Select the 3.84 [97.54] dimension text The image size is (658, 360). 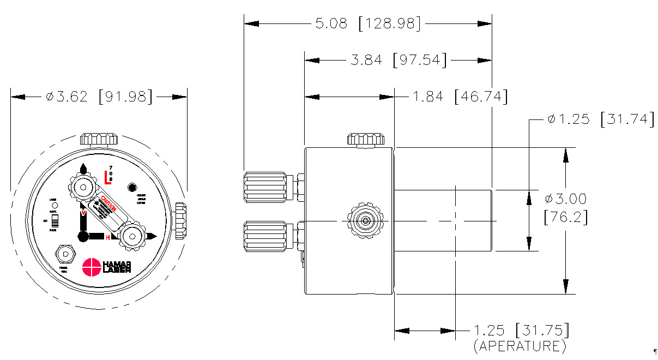(x=397, y=60)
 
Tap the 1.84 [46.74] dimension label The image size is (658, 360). (x=460, y=97)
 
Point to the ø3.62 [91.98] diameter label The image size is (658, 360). (x=99, y=97)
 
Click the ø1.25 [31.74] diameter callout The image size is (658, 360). (x=600, y=119)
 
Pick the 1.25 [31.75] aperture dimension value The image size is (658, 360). (x=521, y=331)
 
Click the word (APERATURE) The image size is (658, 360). (x=520, y=346)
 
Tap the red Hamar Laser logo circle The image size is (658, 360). (x=91, y=267)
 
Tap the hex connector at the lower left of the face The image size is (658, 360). (x=65, y=254)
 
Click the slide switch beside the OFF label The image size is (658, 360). (x=54, y=221)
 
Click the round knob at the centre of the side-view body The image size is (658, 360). (x=365, y=221)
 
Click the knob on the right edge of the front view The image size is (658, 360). (x=180, y=220)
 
